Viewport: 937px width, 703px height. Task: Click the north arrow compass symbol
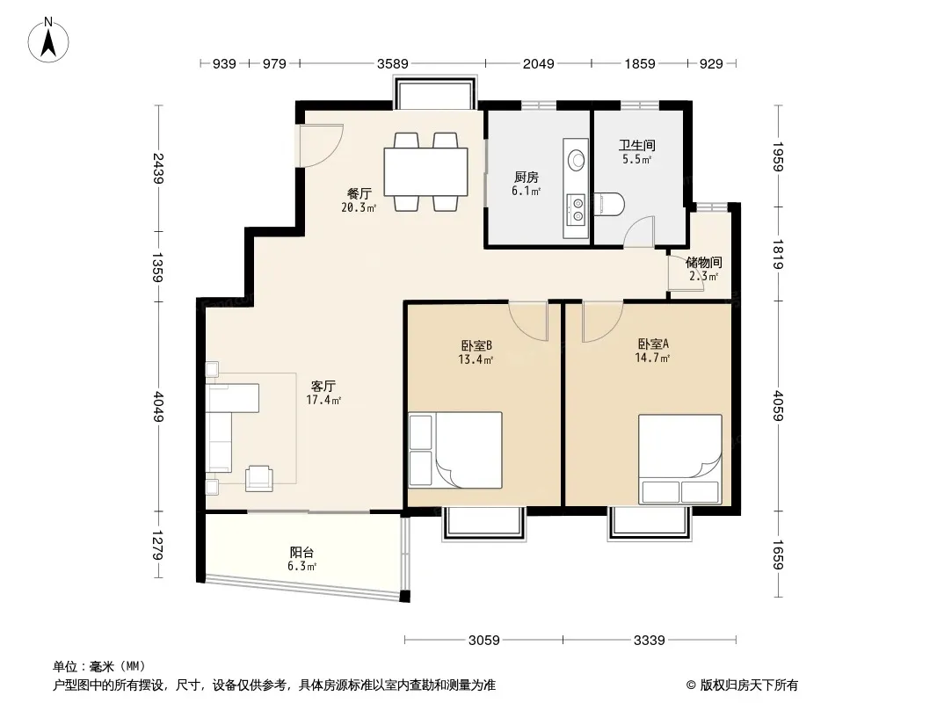(48, 40)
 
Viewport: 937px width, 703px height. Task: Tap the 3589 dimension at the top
(393, 63)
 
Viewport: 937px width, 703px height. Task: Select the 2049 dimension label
(539, 63)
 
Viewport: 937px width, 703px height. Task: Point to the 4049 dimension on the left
(158, 406)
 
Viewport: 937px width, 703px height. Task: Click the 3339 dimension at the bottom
(649, 641)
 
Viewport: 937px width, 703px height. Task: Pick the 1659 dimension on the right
(778, 554)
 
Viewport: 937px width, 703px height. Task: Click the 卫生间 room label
(637, 145)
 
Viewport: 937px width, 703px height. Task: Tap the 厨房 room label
(527, 178)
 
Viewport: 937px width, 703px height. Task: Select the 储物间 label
(703, 262)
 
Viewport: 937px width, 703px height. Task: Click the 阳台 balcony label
(301, 553)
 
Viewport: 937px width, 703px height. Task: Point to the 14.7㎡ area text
(652, 358)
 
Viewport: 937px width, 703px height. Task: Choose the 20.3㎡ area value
(359, 207)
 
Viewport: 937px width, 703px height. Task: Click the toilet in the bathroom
(609, 204)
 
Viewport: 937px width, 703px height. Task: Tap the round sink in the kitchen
(577, 159)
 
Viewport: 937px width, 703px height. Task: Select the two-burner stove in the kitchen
(577, 209)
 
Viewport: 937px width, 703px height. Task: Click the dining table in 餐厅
(426, 171)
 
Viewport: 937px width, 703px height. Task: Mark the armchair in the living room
(258, 478)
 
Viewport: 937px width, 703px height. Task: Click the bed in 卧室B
(455, 450)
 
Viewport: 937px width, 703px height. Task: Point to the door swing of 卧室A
(602, 323)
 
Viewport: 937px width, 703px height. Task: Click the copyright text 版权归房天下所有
(749, 685)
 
